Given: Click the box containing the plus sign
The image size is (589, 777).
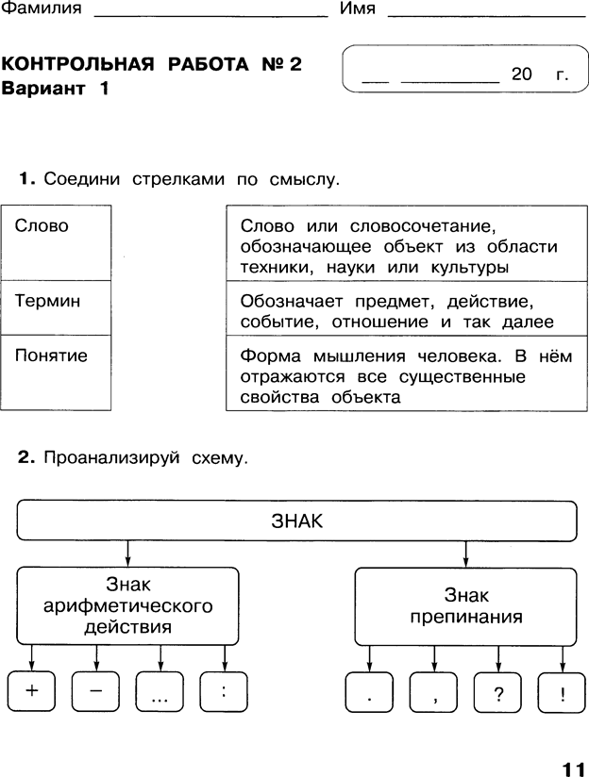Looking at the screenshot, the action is click(31, 691).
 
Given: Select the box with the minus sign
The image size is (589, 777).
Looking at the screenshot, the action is click(95, 691).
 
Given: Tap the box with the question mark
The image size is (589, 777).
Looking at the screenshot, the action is click(498, 692).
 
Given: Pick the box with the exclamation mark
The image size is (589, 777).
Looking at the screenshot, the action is click(563, 692).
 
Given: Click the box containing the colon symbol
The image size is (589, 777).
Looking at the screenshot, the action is click(224, 691).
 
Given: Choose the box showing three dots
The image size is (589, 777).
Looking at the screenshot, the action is click(160, 691).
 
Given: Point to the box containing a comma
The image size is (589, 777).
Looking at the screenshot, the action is click(433, 692).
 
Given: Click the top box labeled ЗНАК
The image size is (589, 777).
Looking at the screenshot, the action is click(296, 521).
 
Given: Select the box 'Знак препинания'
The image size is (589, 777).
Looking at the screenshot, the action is click(466, 606).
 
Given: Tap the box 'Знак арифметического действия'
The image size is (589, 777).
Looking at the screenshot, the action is click(127, 605).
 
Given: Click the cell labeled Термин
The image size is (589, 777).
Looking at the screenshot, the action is click(56, 307).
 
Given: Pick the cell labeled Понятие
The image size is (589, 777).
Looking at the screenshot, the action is click(56, 372).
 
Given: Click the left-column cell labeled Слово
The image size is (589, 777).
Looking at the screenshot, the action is click(56, 243).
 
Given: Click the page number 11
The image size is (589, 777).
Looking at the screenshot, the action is click(573, 769).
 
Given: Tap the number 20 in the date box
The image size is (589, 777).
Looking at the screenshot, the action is click(522, 74).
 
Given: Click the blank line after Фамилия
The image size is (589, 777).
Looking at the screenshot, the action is click(210, 16).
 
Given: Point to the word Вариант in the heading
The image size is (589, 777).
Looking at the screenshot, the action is click(43, 89).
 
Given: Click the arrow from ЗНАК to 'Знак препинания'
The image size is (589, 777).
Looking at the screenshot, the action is click(465, 554).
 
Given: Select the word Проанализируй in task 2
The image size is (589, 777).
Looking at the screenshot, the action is click(111, 457).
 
